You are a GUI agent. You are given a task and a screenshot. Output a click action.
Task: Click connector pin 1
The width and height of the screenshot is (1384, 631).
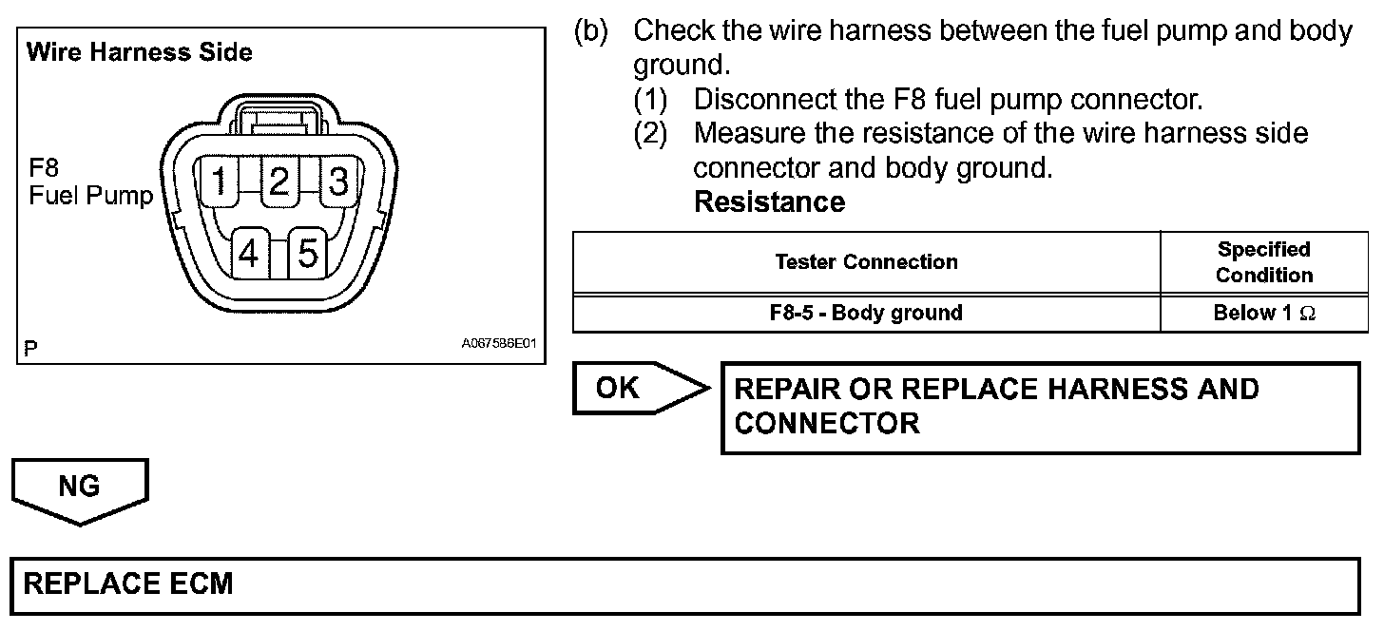tap(220, 181)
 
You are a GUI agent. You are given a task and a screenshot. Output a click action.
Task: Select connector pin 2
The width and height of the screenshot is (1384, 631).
tap(279, 181)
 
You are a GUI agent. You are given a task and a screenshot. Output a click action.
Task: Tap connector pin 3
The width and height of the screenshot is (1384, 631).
tap(337, 181)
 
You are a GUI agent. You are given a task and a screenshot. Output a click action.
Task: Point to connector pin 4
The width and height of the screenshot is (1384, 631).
tap(249, 254)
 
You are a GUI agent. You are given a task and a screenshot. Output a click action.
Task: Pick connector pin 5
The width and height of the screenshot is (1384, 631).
tap(308, 254)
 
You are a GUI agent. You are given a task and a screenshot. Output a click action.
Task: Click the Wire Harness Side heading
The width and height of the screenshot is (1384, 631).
tap(140, 52)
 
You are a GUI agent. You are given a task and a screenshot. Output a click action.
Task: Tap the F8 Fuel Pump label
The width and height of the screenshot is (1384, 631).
tap(89, 183)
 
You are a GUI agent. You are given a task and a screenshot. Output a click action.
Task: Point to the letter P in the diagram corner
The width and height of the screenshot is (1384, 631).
tap(31, 349)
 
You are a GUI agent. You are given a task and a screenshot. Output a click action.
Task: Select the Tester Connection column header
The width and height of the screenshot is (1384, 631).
tap(866, 262)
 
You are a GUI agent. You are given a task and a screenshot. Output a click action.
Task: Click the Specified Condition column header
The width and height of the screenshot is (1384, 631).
tap(1264, 262)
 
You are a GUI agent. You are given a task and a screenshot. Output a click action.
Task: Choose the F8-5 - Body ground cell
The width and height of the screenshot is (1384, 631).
tap(866, 313)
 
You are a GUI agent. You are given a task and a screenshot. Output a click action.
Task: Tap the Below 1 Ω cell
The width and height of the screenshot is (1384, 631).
tap(1264, 313)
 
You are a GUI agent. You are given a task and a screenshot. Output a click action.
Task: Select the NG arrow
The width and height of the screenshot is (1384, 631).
tap(80, 488)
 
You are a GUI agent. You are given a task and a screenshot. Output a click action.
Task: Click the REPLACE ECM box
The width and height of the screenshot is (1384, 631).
tap(683, 583)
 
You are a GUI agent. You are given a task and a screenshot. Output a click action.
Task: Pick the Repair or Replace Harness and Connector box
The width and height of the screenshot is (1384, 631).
tap(1040, 407)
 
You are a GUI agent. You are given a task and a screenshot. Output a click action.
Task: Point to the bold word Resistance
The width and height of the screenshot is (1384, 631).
tap(769, 202)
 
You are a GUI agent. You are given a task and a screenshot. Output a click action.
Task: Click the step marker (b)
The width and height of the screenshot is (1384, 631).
tap(590, 31)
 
